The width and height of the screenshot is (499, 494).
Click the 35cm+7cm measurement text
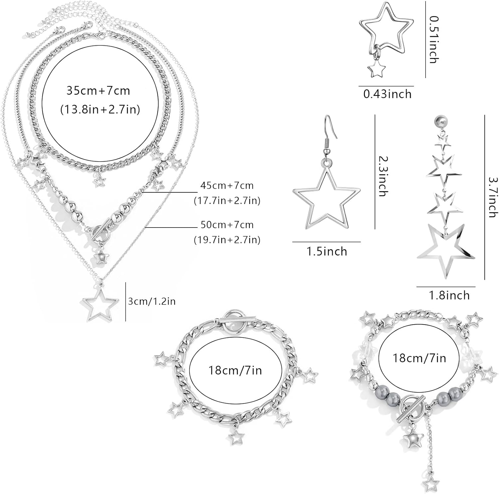pyautogui.click(x=98, y=91)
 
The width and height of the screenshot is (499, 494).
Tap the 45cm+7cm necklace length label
pyautogui.click(x=227, y=185)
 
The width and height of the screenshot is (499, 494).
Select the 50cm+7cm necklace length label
pyautogui.click(x=227, y=225)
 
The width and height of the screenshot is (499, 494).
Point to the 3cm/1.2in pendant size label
pyautogui.click(x=152, y=301)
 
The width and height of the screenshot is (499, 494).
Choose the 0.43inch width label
pyautogui.click(x=387, y=94)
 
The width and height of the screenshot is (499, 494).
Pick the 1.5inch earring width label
pyautogui.click(x=327, y=251)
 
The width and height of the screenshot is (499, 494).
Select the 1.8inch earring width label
pyautogui.click(x=449, y=295)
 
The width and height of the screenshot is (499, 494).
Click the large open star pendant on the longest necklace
pyautogui.click(x=99, y=302)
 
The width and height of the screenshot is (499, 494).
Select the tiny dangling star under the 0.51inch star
pyautogui.click(x=376, y=70)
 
